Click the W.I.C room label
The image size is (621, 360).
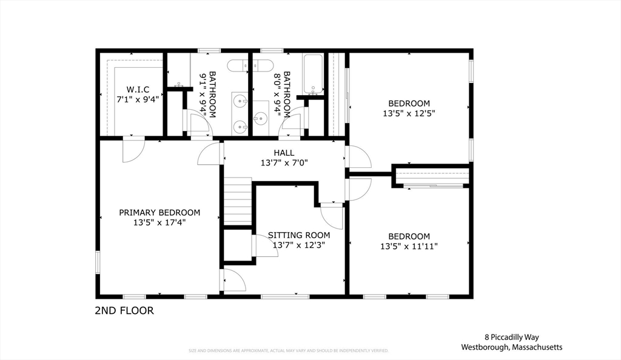[138, 89]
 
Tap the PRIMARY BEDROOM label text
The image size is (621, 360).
[159, 213]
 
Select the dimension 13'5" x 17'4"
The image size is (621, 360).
[159, 222]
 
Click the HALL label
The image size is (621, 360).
[284, 153]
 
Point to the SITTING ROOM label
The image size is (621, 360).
[299, 235]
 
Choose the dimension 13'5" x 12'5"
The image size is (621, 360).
[409, 113]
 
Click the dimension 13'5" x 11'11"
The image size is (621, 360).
[409, 246]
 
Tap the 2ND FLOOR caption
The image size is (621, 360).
[124, 311]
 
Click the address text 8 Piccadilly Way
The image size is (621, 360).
[511, 337]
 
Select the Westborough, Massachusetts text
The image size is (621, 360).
[511, 347]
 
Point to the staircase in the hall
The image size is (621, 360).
[238, 201]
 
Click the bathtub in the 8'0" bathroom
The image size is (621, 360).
[313, 75]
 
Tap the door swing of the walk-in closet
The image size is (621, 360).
[133, 150]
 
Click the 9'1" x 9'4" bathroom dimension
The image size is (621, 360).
[204, 94]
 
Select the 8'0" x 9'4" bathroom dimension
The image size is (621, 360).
[278, 94]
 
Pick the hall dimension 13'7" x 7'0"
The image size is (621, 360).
[284, 162]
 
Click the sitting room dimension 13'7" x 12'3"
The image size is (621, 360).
[299, 245]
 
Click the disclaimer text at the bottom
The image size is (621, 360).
[288, 350]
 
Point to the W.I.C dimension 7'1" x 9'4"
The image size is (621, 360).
[138, 99]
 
